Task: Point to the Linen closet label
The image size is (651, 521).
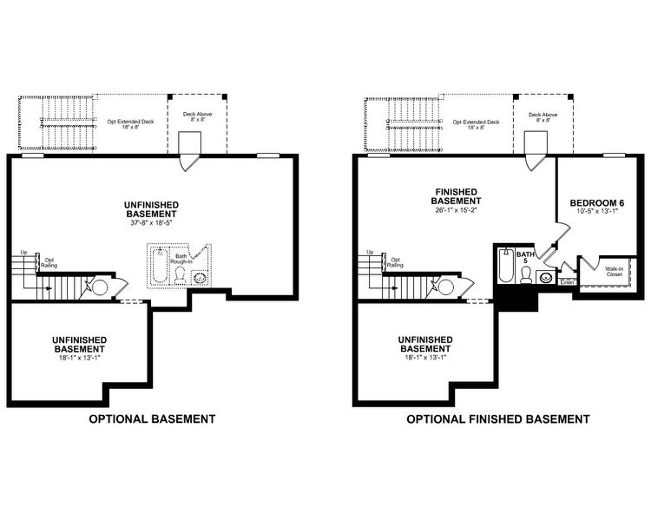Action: point(567,282)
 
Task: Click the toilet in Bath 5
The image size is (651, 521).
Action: point(526,274)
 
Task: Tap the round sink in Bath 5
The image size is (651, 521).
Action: point(545,279)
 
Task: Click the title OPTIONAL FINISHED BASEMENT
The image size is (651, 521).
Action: point(498,419)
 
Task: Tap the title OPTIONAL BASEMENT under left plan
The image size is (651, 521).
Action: point(153,419)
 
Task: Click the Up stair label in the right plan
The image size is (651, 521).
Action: point(370,253)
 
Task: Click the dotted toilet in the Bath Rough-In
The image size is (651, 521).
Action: point(180,274)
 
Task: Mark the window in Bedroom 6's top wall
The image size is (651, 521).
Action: point(615,155)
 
